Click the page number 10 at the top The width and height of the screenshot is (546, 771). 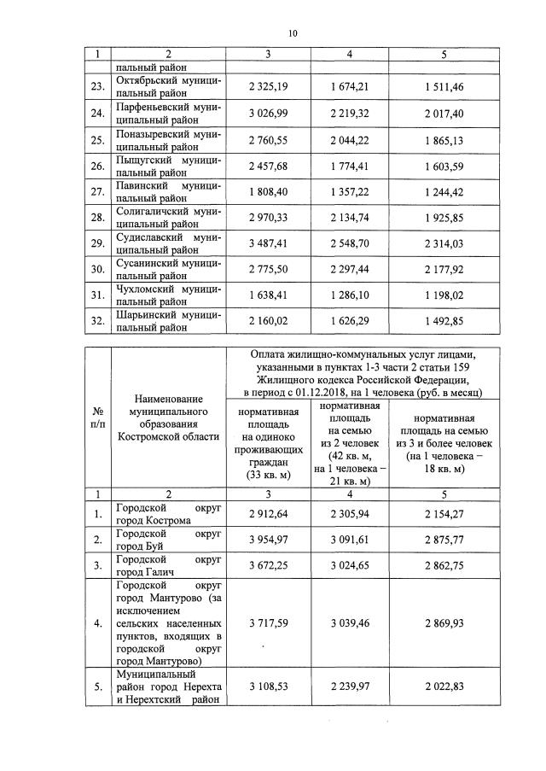[293, 33]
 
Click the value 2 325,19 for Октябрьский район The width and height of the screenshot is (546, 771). [268, 87]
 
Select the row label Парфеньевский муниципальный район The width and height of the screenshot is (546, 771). [168, 113]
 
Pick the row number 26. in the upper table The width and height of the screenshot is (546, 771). [98, 166]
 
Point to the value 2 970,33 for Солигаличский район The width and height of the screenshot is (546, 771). [268, 219]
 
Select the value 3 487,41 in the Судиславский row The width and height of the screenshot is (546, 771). [268, 244]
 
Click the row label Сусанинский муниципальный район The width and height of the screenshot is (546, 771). [168, 271]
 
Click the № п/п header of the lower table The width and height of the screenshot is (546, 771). [99, 418]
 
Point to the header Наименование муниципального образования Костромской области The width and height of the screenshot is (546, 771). [168, 418]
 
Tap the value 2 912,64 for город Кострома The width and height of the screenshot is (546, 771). [268, 513]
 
